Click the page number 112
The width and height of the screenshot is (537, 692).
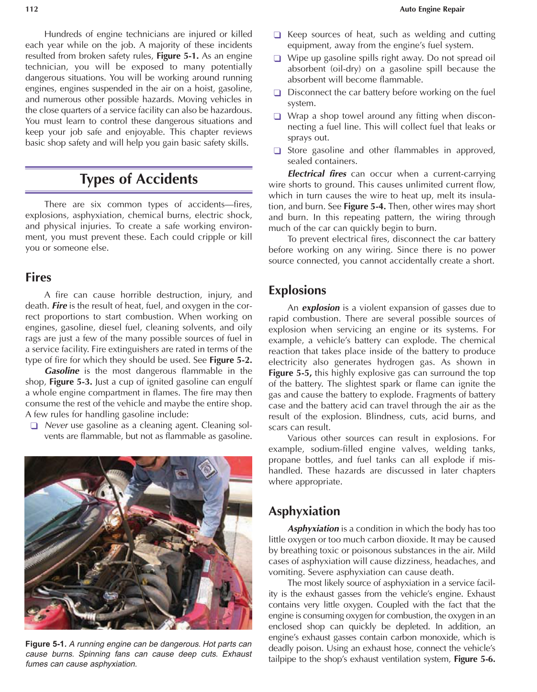point(32,9)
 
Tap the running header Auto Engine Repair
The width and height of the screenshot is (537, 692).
point(432,9)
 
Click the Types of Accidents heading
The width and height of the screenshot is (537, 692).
point(139,179)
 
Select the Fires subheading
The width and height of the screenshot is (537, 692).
point(38,277)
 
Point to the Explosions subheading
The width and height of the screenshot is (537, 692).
point(297,290)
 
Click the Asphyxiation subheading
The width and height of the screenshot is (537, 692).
point(304,511)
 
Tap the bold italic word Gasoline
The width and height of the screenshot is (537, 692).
point(62,371)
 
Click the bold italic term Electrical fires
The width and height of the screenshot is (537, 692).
point(317,174)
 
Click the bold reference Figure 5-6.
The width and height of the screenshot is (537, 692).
point(474,659)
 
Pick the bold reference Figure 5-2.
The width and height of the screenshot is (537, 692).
point(231,360)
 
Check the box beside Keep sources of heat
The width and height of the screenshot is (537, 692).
point(277,35)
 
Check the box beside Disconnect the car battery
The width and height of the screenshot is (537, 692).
point(277,93)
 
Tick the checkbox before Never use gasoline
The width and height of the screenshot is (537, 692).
point(34,426)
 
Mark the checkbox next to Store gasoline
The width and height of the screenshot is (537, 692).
point(277,151)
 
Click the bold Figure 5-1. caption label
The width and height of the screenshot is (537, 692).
point(46,644)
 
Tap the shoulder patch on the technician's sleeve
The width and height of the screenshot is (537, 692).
point(207,468)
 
